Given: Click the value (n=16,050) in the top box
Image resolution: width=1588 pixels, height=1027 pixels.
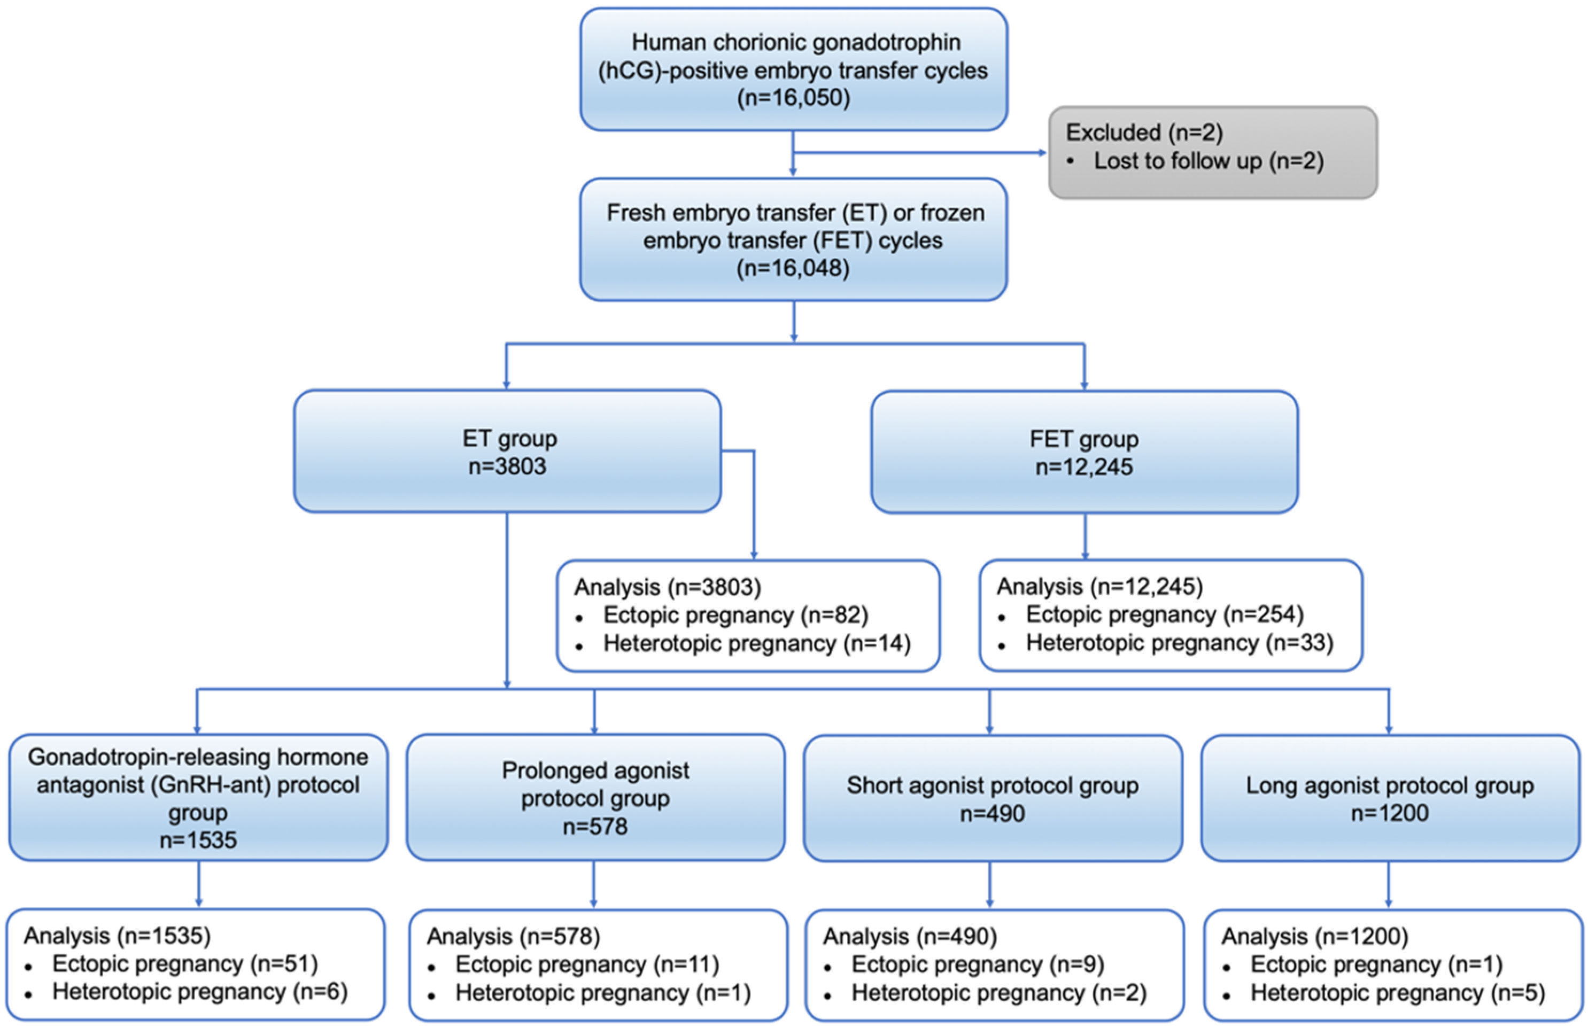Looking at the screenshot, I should tap(793, 98).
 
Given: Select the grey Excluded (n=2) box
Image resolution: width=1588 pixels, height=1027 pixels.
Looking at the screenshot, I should tap(1212, 152).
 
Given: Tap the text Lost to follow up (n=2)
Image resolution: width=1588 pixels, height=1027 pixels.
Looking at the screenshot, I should tap(1208, 161).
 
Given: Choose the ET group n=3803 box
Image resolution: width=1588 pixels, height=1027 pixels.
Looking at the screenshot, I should tap(507, 452).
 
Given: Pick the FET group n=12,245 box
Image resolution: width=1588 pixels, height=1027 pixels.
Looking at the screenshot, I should tap(1084, 452).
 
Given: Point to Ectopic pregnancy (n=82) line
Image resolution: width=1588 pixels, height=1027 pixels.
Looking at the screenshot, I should tap(735, 615).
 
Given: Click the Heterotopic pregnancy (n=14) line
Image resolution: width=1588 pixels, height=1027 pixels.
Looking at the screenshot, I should tap(756, 643).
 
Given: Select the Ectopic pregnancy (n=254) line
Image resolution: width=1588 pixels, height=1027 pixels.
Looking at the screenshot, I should tap(1164, 614).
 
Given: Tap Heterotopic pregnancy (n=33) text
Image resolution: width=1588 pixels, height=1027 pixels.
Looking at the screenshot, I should tap(1179, 643).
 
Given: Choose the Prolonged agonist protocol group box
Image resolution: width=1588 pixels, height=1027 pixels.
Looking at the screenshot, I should tap(595, 798).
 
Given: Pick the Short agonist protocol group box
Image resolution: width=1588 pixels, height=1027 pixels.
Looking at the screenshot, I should tap(993, 798).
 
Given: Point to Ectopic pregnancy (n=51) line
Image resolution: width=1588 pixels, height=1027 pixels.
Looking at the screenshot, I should tap(185, 964).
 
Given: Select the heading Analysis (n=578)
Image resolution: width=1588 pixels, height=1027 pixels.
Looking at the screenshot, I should tap(513, 937).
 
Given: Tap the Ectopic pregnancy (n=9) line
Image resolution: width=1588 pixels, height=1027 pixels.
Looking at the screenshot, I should tap(977, 965).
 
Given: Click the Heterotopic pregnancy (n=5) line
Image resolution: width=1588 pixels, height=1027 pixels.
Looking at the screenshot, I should tap(1397, 993).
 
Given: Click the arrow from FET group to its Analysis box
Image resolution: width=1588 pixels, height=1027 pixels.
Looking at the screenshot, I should tap(1085, 537).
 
